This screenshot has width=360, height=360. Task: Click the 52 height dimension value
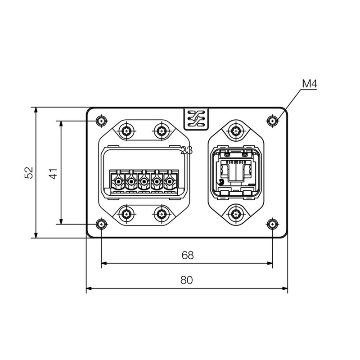point(29,173)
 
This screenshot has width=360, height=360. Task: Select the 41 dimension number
point(53,173)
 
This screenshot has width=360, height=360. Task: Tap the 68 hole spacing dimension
point(187,255)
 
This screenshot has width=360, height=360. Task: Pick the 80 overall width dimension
point(186,280)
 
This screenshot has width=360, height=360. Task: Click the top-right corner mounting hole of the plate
point(272,121)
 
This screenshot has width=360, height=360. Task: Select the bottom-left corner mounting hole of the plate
point(102,224)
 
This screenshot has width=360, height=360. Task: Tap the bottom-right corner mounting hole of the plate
point(272,224)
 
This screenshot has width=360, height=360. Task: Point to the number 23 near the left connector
point(186,150)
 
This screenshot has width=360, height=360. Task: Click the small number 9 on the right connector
point(221,182)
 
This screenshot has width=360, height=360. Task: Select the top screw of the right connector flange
point(236,131)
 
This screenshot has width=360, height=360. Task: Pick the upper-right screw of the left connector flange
point(161,131)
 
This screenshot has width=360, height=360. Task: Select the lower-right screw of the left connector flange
point(161,213)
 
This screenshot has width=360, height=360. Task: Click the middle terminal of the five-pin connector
point(144,182)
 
